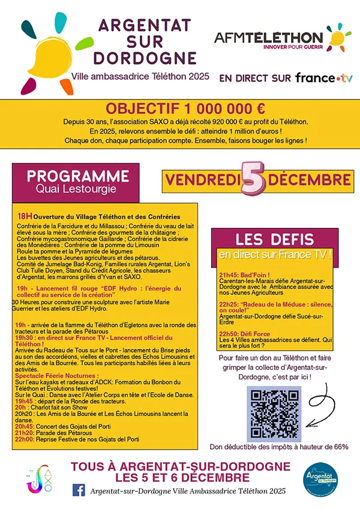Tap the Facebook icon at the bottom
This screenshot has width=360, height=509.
pyautogui.click(x=79, y=490)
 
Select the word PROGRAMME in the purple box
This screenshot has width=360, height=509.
pyautogui.click(x=79, y=176)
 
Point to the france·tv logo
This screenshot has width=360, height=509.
pyautogui.click(x=324, y=77)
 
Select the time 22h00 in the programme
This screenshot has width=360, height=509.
pyautogui.click(x=25, y=439)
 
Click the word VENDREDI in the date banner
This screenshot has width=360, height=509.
pyautogui.click(x=203, y=179)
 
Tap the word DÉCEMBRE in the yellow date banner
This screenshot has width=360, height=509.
pyautogui.click(x=310, y=179)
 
